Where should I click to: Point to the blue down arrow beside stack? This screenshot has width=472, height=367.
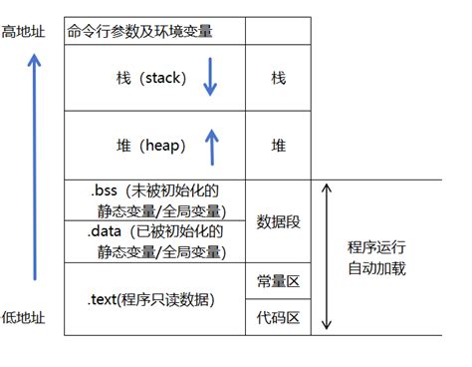[x=209, y=78]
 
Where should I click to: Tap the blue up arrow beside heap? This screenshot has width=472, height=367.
[x=210, y=146]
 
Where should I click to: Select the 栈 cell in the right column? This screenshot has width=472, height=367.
[x=278, y=78]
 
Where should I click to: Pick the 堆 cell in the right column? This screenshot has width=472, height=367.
[x=278, y=146]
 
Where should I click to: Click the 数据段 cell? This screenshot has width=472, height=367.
[x=278, y=221]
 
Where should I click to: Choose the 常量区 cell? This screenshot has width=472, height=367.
[x=278, y=281]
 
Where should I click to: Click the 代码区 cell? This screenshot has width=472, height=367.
[x=278, y=319]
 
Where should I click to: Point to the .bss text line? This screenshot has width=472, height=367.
[x=153, y=190]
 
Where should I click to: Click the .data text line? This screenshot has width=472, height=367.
[x=155, y=231]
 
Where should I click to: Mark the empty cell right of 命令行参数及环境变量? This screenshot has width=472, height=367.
[x=278, y=31]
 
